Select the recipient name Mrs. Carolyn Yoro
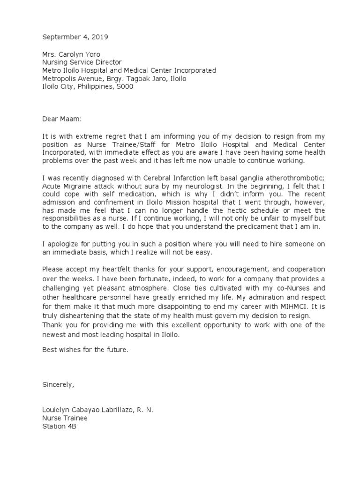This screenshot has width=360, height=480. (x=71, y=54)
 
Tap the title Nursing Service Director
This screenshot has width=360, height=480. (x=82, y=62)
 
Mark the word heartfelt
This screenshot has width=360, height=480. (x=113, y=270)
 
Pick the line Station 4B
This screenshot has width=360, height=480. (x=59, y=426)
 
